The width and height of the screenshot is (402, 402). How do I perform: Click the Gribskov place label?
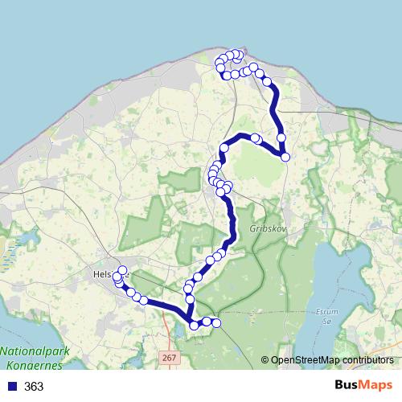(268, 228)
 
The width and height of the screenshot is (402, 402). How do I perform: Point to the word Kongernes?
(31, 364)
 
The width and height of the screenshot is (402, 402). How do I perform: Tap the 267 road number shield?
(169, 358)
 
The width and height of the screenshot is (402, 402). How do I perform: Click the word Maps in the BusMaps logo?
(377, 385)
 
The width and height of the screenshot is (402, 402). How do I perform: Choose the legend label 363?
(35, 387)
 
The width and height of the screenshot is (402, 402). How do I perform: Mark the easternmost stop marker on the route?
(285, 157)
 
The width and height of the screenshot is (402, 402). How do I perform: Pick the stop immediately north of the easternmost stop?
(281, 138)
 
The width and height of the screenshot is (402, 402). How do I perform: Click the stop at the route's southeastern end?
(215, 323)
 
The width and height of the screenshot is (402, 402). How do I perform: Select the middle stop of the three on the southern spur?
(206, 322)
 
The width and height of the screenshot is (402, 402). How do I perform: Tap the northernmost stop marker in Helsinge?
(122, 270)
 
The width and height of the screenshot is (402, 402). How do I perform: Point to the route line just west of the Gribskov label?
(233, 228)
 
